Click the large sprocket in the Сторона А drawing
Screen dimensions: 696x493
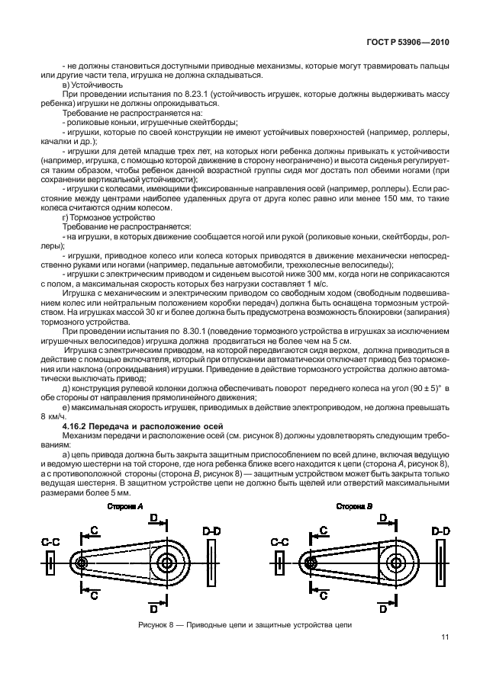166,563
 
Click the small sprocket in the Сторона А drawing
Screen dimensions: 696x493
82,563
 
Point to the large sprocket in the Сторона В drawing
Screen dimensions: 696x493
393,563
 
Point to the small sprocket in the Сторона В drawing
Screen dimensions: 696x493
309,563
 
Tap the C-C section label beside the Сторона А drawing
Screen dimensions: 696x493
51,541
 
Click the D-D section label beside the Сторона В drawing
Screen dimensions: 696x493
440,529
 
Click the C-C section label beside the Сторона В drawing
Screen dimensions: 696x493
279,541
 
